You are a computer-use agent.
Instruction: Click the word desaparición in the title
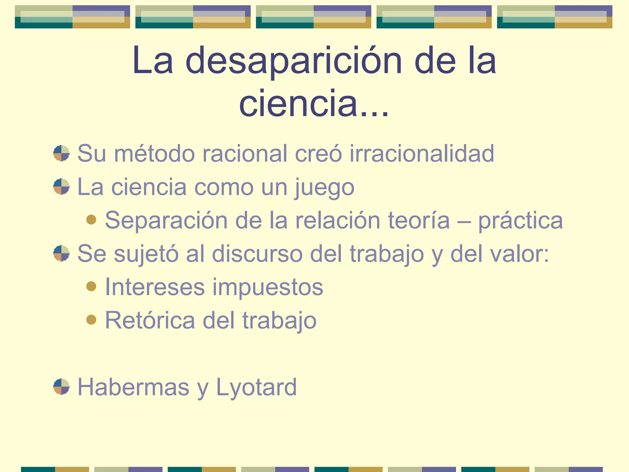294,61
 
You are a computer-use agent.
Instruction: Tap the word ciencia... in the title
314,103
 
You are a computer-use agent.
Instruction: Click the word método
154,153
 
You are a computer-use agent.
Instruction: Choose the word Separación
166,220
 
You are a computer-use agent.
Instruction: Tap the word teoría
419,220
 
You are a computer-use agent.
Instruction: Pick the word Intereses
155,287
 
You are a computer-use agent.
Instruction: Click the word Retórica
150,320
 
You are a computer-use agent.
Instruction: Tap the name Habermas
133,387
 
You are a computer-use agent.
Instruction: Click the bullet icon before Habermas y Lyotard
61,387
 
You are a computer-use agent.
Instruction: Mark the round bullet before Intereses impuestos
91,286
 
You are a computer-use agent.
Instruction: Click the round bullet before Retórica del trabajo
91,320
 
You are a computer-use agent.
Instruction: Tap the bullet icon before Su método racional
61,153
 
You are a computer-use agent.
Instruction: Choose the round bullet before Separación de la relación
91,220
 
